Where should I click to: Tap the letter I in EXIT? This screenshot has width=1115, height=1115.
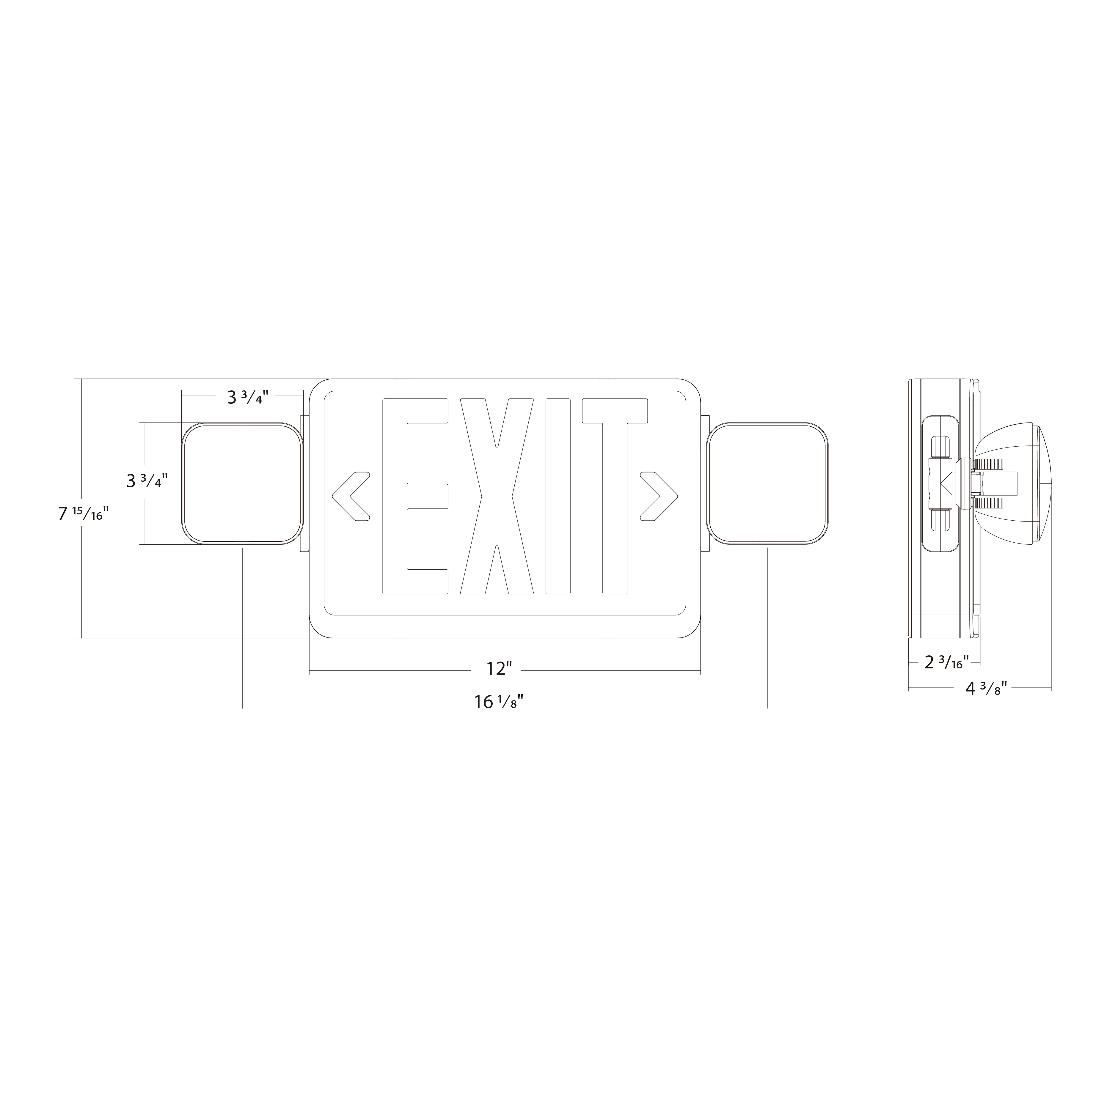click(x=558, y=496)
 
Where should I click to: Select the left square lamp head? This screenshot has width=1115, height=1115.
click(x=242, y=483)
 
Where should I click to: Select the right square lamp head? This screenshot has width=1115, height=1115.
click(x=768, y=483)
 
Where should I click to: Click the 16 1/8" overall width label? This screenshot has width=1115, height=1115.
click(x=499, y=702)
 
